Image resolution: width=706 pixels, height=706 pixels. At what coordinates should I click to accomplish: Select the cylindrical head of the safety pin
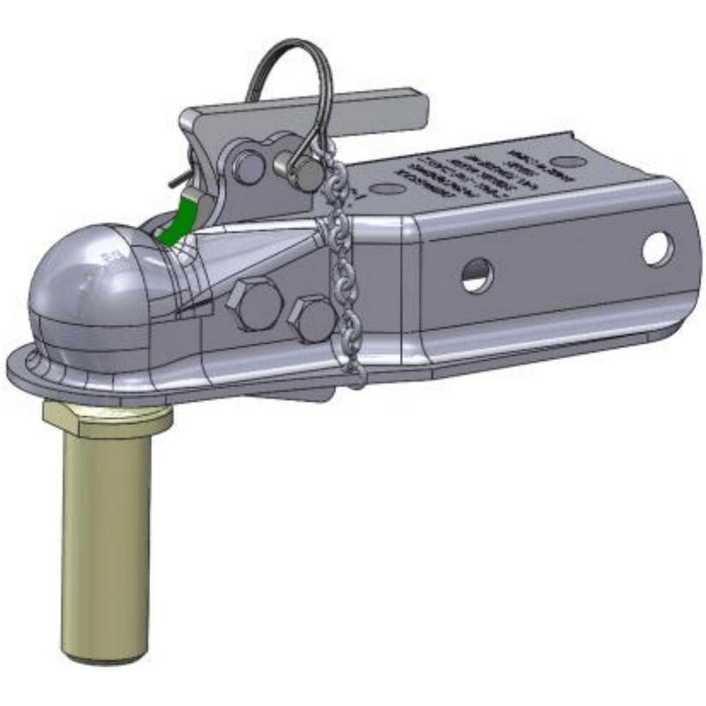click(304, 173)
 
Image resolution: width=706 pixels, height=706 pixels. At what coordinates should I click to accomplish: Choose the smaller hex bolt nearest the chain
click(311, 319)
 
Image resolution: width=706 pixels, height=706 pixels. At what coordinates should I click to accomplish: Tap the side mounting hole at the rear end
click(657, 249)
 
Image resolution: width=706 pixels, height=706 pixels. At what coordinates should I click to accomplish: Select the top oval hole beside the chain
click(387, 188)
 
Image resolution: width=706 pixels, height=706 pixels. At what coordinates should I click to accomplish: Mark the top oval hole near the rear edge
click(571, 161)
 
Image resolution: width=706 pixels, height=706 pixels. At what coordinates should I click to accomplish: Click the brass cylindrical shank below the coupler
click(103, 547)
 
